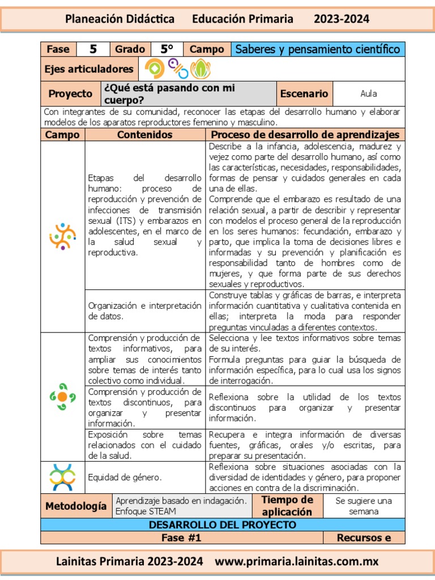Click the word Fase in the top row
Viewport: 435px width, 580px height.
click(58, 49)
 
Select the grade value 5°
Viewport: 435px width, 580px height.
click(167, 49)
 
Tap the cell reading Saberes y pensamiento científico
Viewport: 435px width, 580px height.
click(317, 49)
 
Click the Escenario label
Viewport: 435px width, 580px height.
click(304, 93)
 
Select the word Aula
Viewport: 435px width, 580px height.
click(368, 93)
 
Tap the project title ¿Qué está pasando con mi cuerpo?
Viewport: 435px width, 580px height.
click(168, 93)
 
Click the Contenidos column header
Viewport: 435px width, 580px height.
click(144, 135)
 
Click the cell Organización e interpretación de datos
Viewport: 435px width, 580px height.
click(144, 311)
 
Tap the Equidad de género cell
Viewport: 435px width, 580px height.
click(125, 477)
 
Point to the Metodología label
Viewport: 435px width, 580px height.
click(75, 506)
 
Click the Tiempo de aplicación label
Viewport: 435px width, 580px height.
click(287, 506)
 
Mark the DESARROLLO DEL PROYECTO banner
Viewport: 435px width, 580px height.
click(222, 525)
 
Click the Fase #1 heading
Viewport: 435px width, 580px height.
click(181, 538)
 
